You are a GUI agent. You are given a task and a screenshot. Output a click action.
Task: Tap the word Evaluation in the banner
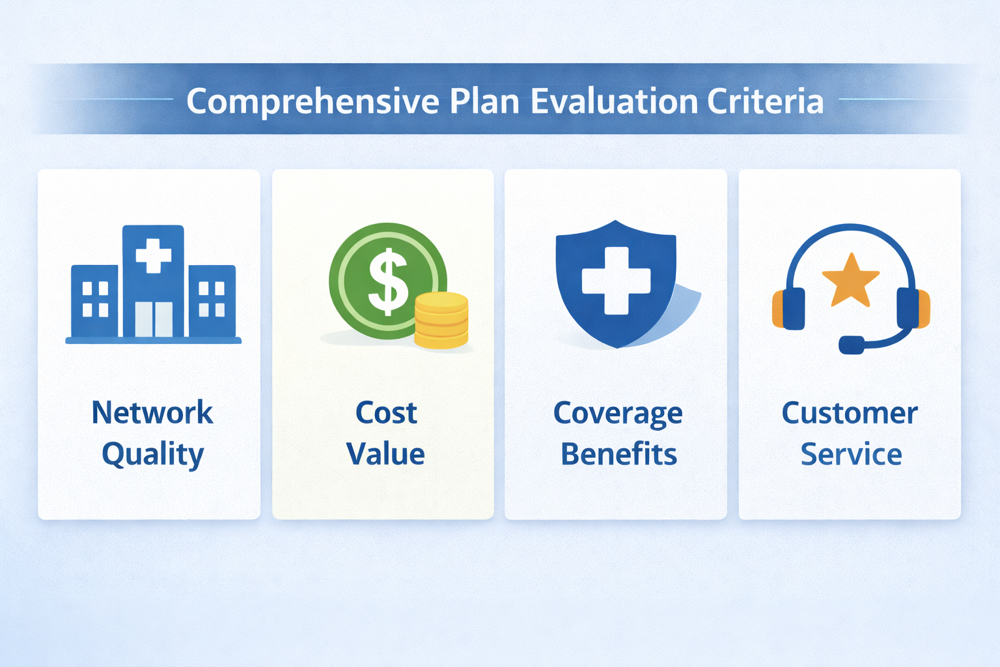[x=614, y=102]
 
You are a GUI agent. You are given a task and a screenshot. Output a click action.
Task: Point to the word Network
[x=152, y=412]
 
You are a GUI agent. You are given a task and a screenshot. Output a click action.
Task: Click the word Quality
[x=152, y=455]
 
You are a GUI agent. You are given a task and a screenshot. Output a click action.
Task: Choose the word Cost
[x=385, y=412]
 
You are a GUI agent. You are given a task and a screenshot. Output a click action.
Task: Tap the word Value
[x=385, y=454]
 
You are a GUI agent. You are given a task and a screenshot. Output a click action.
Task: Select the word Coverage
[x=617, y=414]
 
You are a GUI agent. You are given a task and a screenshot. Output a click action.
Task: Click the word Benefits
[x=618, y=454]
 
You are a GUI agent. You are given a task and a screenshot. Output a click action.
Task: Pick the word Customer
[x=850, y=412]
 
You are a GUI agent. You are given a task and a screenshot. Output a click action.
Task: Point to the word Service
[x=851, y=454]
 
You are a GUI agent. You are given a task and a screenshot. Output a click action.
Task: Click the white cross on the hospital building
[x=153, y=255]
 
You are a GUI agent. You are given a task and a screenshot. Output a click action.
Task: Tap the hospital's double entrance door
[x=154, y=319]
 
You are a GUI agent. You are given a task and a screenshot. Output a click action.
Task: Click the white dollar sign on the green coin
[x=389, y=281]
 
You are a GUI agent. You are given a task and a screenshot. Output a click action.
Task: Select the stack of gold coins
[x=441, y=320]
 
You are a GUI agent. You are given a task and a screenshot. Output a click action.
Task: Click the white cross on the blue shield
[x=616, y=280]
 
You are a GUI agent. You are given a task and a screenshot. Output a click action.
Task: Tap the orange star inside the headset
[x=850, y=281]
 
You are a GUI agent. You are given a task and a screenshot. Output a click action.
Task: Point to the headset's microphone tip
[x=852, y=345]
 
